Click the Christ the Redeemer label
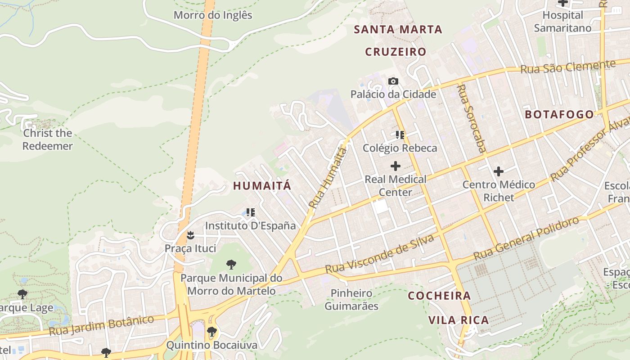point(48,139)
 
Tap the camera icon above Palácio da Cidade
point(393,81)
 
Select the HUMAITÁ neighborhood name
point(262,186)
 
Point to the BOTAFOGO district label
point(559,114)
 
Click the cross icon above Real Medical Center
point(396,166)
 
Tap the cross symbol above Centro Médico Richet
point(499,171)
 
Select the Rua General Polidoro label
point(526,238)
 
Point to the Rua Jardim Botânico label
point(101,325)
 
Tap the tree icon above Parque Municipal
point(231,264)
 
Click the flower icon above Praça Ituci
point(190,235)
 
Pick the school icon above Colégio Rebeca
point(400,135)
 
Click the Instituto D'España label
point(251,225)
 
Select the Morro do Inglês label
point(213,15)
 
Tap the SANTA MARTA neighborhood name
point(398,30)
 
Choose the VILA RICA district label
point(458,320)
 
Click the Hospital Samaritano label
point(562,22)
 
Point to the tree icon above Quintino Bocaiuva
point(212,332)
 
